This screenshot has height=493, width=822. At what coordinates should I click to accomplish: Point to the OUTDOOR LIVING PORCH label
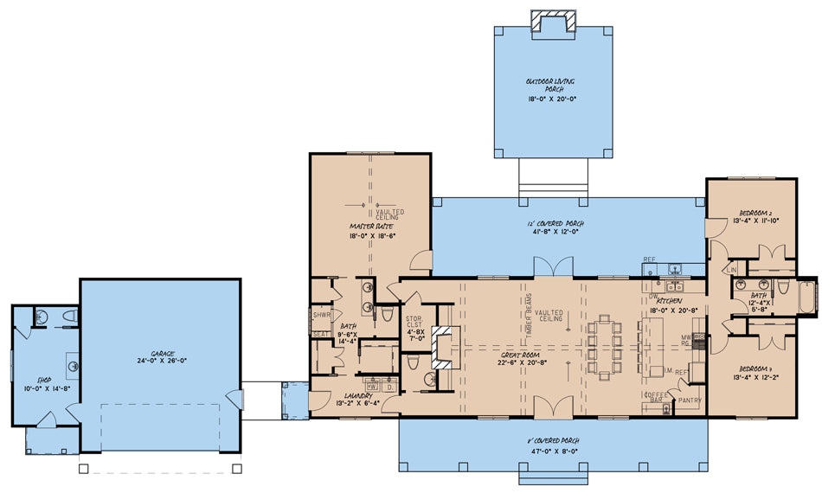coord(550,85)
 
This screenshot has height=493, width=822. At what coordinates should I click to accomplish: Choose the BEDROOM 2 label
coord(759,212)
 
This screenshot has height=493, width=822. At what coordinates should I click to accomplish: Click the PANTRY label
coord(690,401)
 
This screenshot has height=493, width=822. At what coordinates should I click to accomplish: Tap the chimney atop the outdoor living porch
coord(551,22)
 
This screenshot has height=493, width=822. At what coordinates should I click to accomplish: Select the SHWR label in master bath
coord(320,316)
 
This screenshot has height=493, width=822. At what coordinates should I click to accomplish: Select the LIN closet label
coord(732,270)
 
